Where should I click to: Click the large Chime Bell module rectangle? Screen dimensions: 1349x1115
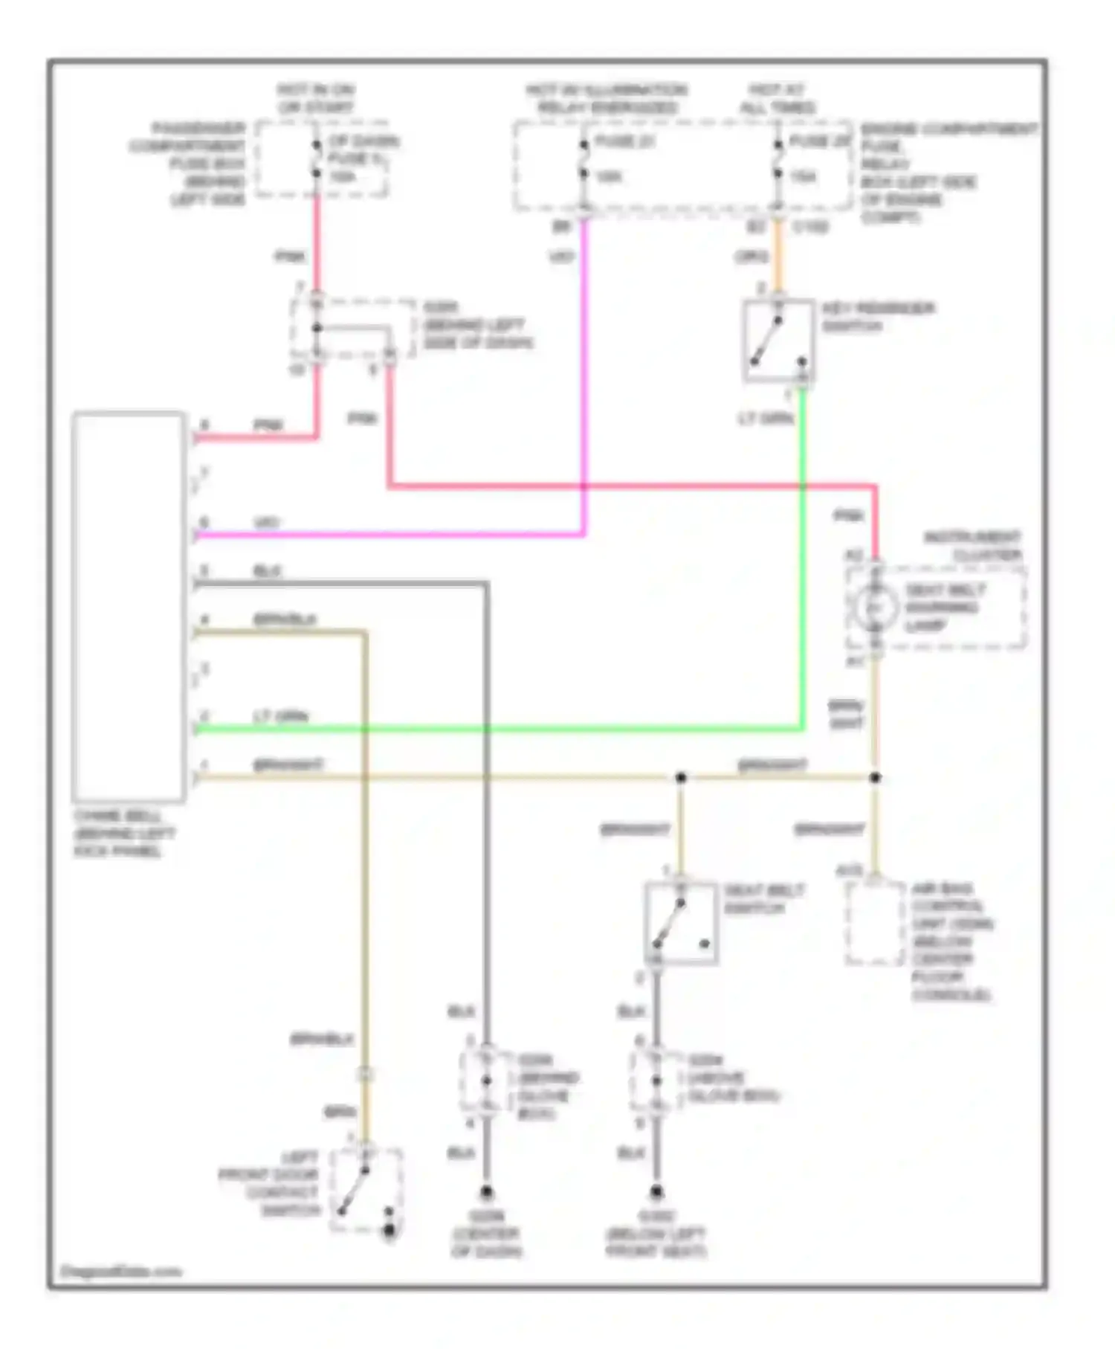tap(129, 606)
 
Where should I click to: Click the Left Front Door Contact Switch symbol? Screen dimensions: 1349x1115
tap(365, 1188)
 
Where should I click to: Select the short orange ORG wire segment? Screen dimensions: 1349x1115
tap(778, 257)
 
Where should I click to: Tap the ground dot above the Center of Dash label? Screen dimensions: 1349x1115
tap(486, 1192)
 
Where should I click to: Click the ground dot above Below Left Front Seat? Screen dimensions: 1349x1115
tap(656, 1192)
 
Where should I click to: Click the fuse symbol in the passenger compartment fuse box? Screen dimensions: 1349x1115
tap(316, 158)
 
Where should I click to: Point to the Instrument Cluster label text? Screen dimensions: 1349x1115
tap(972, 546)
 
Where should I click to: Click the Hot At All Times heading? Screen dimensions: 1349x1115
tap(778, 99)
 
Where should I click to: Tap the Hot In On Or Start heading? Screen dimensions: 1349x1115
tap(316, 98)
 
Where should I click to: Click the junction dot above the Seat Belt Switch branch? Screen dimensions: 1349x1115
tap(680, 778)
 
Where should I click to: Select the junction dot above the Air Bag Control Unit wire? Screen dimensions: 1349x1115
tap(875, 778)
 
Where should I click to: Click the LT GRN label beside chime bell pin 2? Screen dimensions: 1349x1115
tap(280, 717)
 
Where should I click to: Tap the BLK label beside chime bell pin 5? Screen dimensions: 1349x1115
tap(268, 571)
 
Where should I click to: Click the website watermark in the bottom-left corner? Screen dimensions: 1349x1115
tap(120, 1272)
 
